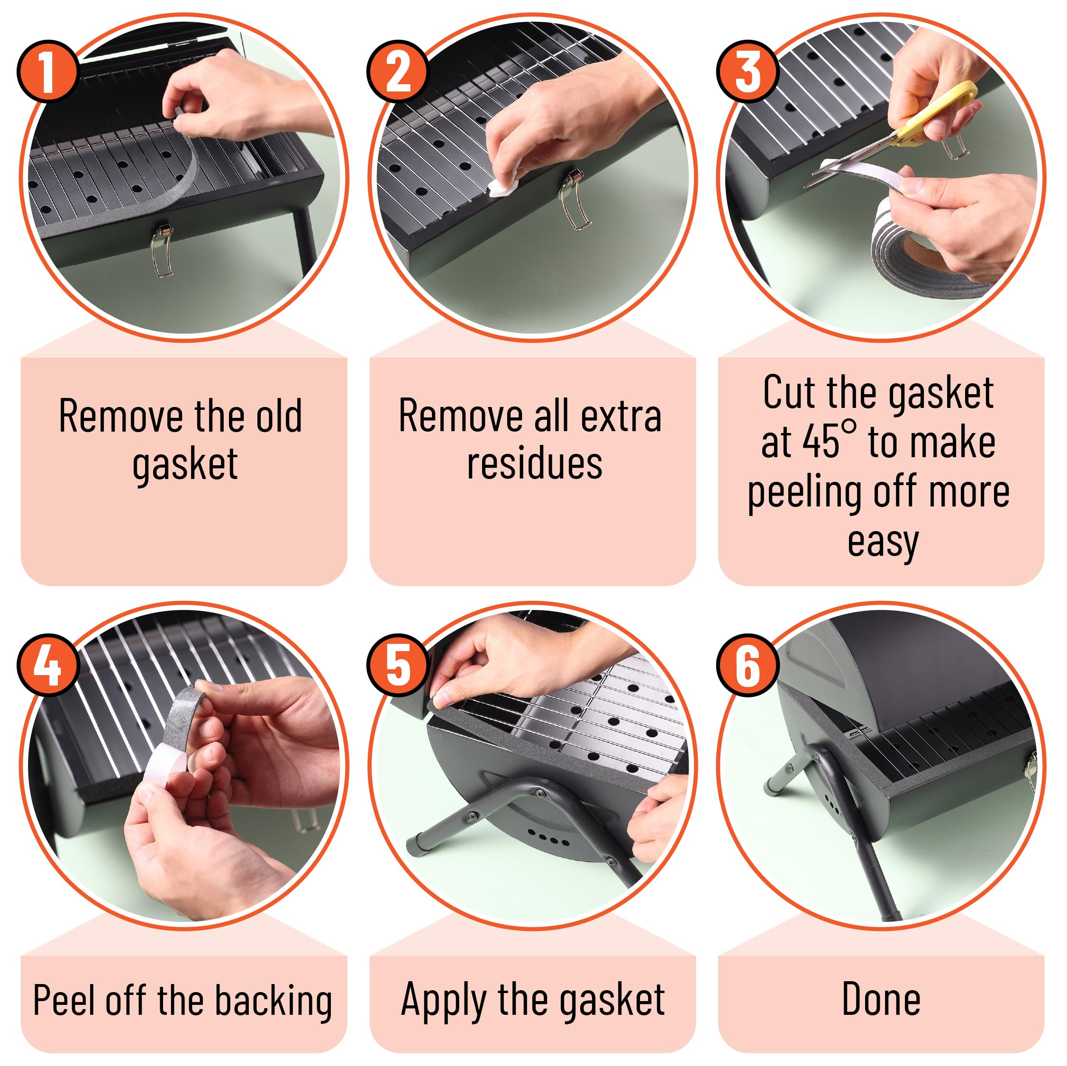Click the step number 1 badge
pyautogui.click(x=47, y=71)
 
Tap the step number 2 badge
pyautogui.click(x=398, y=71)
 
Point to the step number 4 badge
pyautogui.click(x=47, y=665)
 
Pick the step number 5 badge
pyautogui.click(x=398, y=665)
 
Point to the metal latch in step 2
pyautogui.click(x=575, y=199)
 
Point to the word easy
pyautogui.click(x=883, y=544)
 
